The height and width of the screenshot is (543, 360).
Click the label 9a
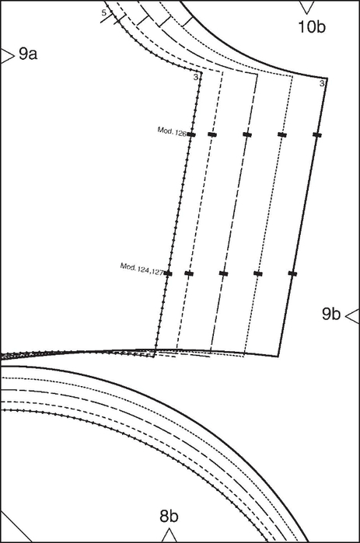[28, 54]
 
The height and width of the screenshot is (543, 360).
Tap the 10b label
[312, 26]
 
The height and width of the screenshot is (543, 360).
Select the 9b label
[331, 314]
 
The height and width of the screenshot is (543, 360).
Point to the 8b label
[169, 517]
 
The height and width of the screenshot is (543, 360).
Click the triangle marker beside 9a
[6, 56]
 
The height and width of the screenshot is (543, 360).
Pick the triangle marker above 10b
[306, 7]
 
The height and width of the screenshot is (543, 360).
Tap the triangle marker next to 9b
[353, 316]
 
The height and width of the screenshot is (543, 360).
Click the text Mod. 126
[172, 131]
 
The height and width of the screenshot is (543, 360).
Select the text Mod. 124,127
[142, 269]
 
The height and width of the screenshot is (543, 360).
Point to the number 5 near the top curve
[104, 13]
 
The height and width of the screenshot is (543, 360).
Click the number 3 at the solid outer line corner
[322, 83]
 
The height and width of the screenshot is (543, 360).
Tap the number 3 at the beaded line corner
[196, 77]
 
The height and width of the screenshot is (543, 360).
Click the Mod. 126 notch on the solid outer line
[317, 134]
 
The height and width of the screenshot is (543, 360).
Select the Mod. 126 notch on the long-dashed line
[247, 134]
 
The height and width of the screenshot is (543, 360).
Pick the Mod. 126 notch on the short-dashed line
[212, 134]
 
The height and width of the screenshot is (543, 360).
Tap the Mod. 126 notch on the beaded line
[191, 134]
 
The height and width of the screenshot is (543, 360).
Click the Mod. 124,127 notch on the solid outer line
[293, 273]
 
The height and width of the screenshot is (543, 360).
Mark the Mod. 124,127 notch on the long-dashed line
[223, 273]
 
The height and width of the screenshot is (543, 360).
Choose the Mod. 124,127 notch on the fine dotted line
[258, 273]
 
